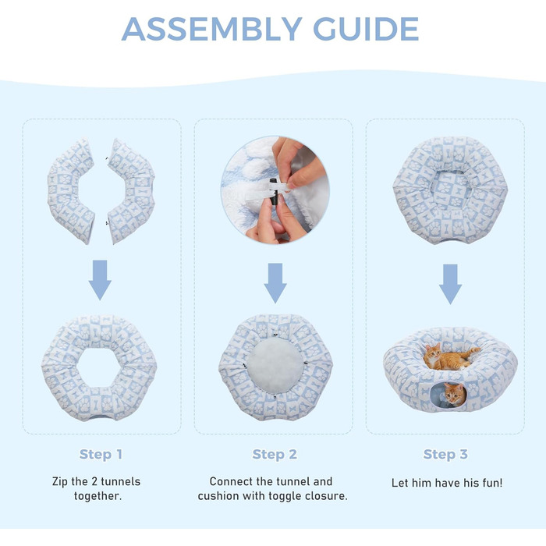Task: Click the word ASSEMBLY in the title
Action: click(x=211, y=29)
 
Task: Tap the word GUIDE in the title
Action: click(x=366, y=29)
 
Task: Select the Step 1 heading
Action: click(x=101, y=455)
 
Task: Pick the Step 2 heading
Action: click(x=275, y=455)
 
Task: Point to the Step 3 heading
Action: click(x=445, y=455)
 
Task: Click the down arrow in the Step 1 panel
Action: click(x=100, y=280)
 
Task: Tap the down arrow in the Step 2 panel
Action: click(x=275, y=282)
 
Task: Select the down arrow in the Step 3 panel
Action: click(x=450, y=284)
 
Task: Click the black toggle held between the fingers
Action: click(x=274, y=192)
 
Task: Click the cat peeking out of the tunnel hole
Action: click(x=455, y=394)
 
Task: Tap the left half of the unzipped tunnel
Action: click(x=71, y=190)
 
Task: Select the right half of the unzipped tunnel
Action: click(x=131, y=191)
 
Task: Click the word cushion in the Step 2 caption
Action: click(x=218, y=496)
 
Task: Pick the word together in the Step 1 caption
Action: click(x=97, y=496)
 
